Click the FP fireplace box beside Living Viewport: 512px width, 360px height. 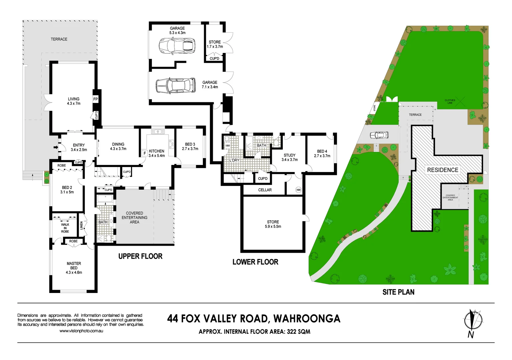(95, 99)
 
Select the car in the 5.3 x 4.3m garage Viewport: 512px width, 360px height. (177, 46)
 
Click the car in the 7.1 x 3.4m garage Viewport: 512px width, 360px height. (175, 86)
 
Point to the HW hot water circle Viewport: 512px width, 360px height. (299, 190)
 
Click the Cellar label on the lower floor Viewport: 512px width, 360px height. (265, 190)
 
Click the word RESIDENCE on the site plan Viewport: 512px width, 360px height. (443, 170)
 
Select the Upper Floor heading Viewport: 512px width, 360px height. (140, 256)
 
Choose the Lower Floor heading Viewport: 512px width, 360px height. (255, 262)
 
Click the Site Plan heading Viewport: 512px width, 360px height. (398, 292)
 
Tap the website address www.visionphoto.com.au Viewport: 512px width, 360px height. (81, 331)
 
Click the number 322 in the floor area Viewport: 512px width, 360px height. (292, 332)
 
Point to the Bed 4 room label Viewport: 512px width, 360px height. (322, 153)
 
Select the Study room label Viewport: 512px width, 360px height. (290, 157)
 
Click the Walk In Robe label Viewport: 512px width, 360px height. (65, 228)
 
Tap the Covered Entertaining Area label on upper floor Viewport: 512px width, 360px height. (134, 218)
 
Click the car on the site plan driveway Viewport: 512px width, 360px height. (379, 135)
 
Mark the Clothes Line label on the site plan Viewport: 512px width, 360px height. (450, 101)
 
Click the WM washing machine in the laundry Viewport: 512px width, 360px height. (227, 146)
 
